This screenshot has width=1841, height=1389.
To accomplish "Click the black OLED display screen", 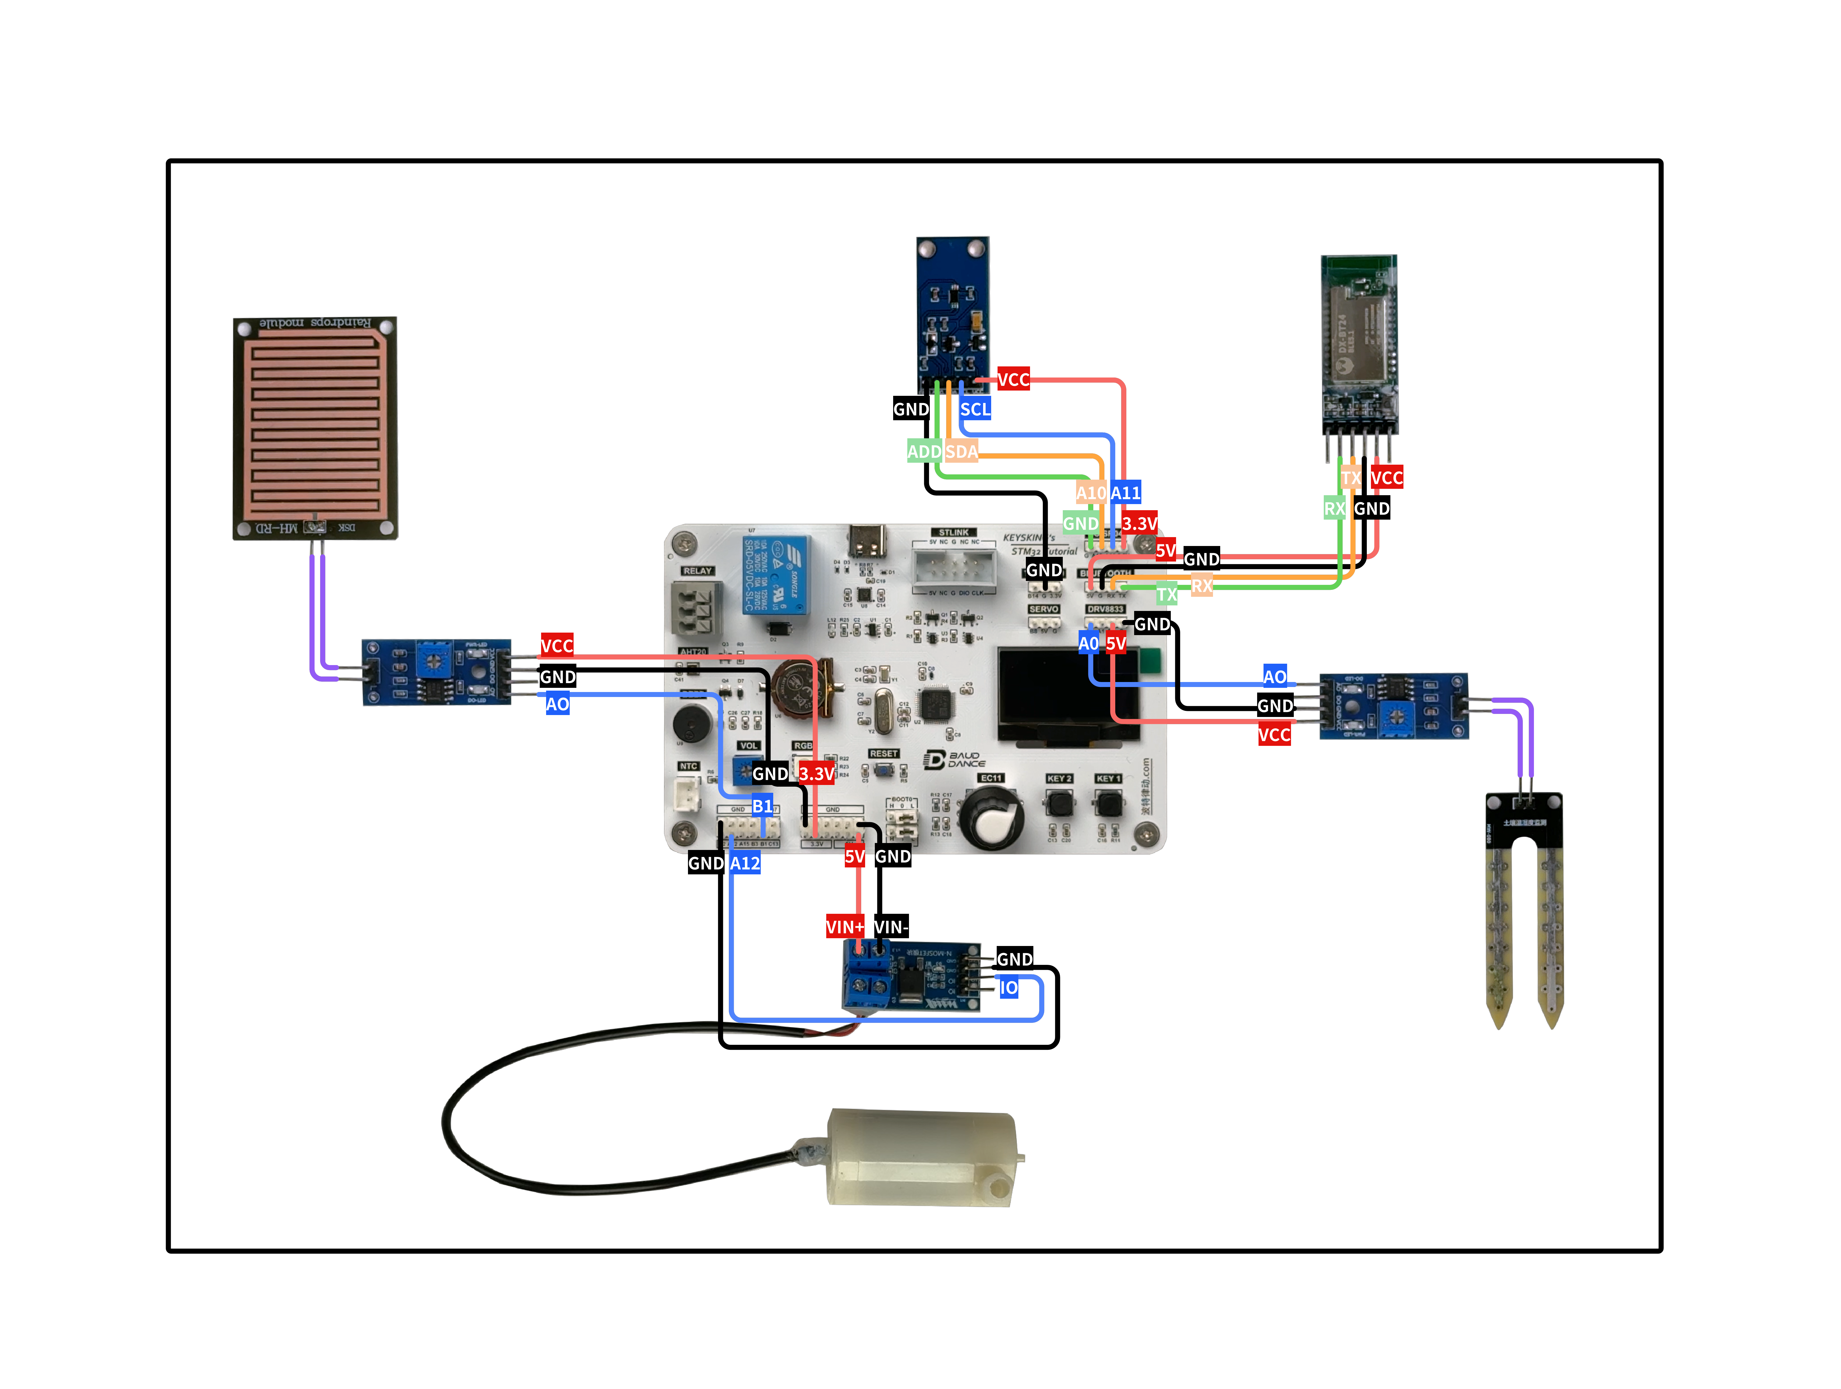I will point(1068,697).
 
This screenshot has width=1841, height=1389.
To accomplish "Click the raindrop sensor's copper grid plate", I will point(315,424).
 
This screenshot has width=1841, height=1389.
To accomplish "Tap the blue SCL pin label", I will point(975,409).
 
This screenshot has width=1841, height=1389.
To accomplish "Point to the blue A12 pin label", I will point(745,863).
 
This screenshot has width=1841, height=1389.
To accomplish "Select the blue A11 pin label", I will point(1125,493).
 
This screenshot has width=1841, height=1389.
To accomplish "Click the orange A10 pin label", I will point(1091,493).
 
